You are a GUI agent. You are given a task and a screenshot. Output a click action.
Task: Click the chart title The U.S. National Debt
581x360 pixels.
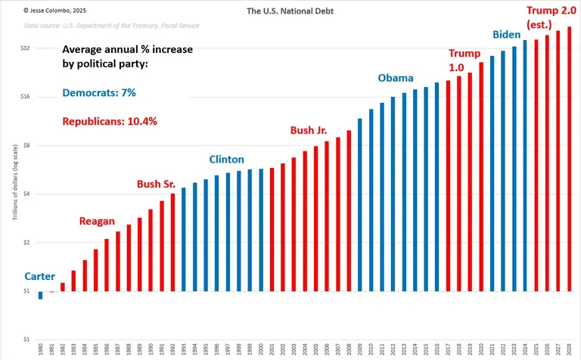click(x=290, y=11)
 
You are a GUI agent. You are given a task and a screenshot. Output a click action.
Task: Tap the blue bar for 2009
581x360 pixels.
click(x=359, y=204)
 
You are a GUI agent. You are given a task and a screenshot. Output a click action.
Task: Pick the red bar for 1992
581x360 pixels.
click(x=172, y=242)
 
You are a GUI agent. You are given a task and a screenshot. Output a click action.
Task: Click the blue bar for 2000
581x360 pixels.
click(x=261, y=230)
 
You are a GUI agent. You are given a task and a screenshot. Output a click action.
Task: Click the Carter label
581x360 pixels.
click(x=39, y=276)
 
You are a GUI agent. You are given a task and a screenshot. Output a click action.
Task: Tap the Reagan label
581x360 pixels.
click(x=97, y=221)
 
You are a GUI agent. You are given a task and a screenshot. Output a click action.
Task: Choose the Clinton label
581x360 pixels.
click(x=227, y=160)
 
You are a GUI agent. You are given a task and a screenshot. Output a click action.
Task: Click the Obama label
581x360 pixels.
click(x=396, y=78)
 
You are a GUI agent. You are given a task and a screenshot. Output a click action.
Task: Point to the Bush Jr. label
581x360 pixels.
click(x=309, y=130)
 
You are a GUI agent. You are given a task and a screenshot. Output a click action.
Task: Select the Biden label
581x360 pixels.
click(x=507, y=35)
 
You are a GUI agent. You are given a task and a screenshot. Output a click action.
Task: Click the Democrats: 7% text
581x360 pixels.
click(x=98, y=93)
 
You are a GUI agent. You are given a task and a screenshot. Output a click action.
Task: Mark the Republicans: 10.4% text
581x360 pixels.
click(x=109, y=121)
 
